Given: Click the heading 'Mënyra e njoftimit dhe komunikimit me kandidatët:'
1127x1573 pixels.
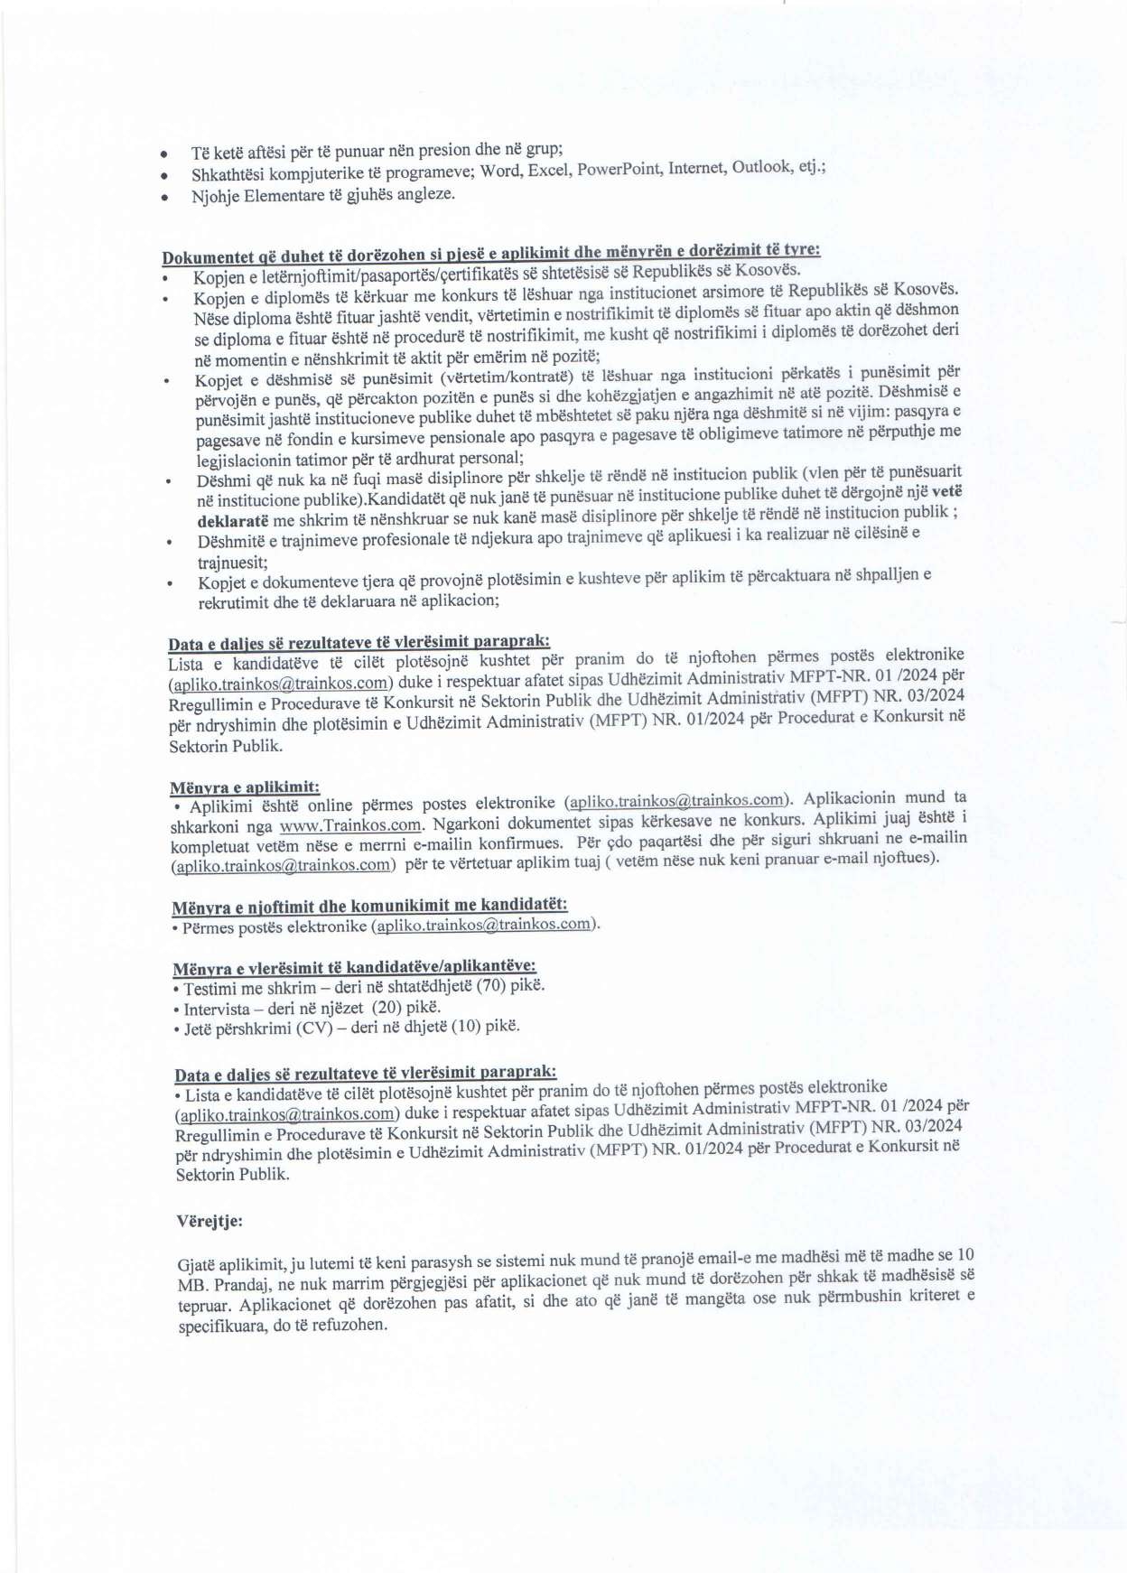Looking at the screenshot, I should pyautogui.click(x=369, y=905).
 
